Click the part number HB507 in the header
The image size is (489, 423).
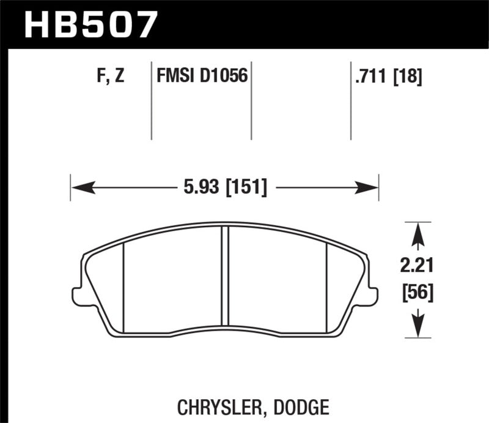tap(90, 24)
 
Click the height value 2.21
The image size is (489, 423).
tap(417, 267)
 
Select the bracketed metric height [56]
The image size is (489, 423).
tap(417, 293)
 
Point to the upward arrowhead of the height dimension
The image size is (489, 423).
tap(417, 231)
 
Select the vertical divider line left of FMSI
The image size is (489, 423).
tap(151, 101)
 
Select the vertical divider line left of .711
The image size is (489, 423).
tap(350, 101)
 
